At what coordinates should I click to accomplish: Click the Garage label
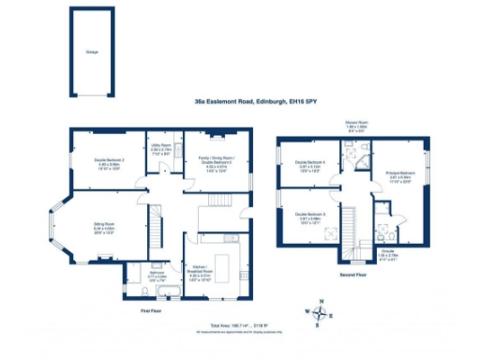click(91, 52)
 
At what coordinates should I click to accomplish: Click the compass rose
click(319, 314)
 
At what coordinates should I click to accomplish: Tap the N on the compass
click(319, 303)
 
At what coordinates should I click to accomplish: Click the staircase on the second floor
click(353, 230)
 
